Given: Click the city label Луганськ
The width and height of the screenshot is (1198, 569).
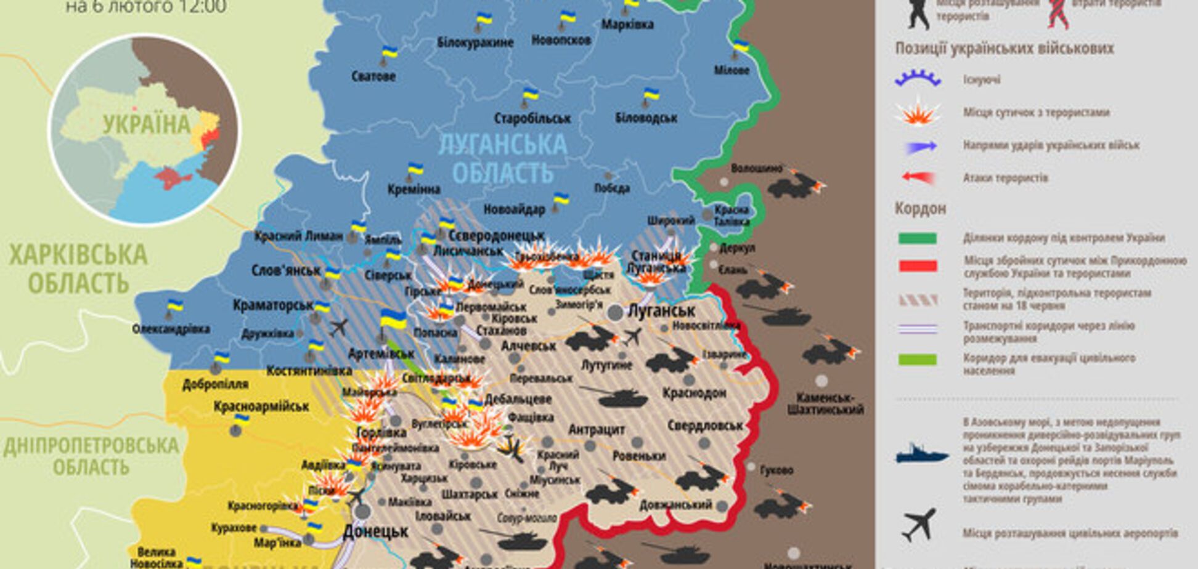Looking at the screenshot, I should tap(661, 311).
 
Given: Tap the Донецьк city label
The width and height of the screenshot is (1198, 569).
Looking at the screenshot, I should tap(375, 531).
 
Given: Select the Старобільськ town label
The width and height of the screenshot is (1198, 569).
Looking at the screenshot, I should tap(532, 118).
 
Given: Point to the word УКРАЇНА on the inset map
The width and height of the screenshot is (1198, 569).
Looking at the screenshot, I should tap(147, 124).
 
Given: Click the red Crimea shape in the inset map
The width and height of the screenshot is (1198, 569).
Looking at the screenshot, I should tap(173, 179).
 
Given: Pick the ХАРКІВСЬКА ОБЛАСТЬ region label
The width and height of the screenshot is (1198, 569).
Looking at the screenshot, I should tap(78, 268).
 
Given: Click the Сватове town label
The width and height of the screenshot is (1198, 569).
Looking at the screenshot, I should tap(373, 77).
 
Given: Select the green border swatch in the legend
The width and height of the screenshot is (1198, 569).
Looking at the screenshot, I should tap(918, 238).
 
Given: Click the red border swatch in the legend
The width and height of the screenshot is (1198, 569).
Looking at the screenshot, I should tap(918, 266).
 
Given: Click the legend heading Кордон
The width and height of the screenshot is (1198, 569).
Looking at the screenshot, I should tap(920, 209).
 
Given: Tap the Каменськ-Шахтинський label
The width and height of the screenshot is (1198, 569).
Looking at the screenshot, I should tap(825, 403).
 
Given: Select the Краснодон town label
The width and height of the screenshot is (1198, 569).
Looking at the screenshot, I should tap(695, 393).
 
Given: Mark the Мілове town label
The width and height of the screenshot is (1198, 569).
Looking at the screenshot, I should tap(731, 70).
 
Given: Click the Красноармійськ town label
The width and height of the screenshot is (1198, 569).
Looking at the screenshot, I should tap(261, 406).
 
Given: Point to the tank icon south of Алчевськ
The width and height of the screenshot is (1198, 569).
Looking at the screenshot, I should tap(622, 397).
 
